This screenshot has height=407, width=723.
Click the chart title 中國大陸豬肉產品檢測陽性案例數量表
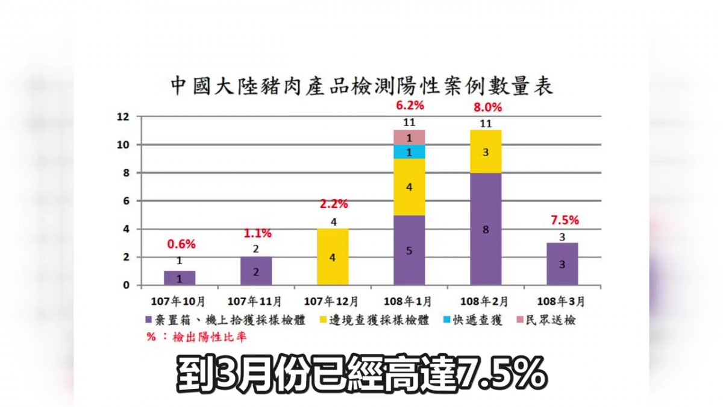361,86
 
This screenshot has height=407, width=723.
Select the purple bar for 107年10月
180,278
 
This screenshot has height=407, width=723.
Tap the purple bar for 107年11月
256,271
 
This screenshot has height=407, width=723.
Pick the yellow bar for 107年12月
333,257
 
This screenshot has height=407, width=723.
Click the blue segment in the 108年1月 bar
409,152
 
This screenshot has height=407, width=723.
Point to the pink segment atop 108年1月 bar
409,137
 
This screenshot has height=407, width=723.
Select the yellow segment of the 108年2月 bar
486,152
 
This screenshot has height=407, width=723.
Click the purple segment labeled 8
486,229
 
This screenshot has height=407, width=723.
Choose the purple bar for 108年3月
562,264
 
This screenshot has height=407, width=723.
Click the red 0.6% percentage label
181,245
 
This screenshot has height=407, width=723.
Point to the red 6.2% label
410,106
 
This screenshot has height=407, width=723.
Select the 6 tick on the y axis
125,201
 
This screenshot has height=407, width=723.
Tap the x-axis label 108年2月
486,300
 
